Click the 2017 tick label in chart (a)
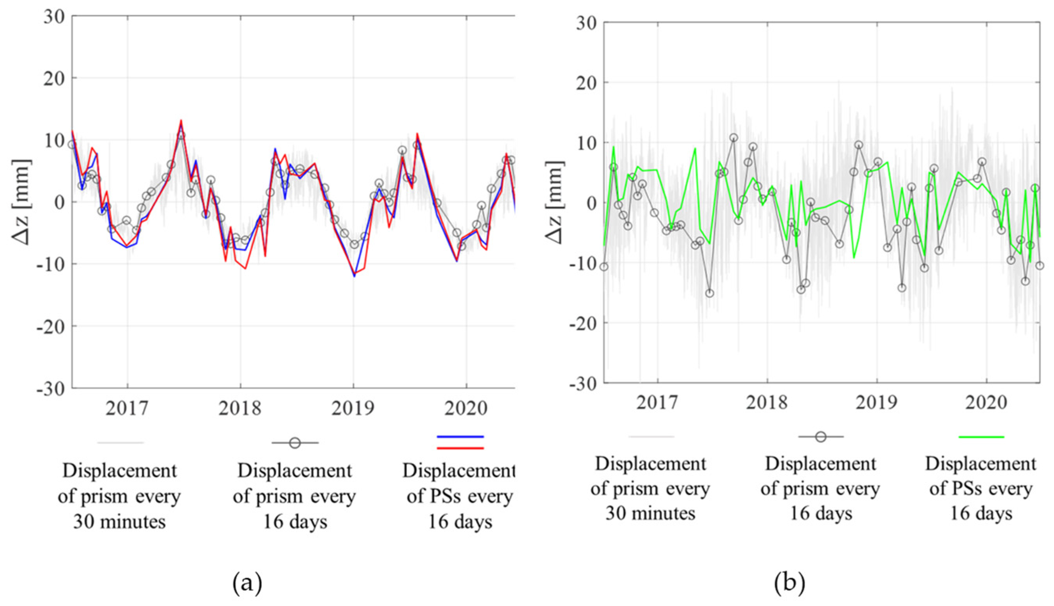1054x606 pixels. point(127,408)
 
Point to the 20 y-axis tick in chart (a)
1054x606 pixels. point(54,78)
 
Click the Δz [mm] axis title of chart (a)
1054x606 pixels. point(21,202)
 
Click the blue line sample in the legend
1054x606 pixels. point(460,437)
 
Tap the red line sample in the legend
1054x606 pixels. point(460,448)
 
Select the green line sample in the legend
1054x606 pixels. point(981,437)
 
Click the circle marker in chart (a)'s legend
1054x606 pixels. point(295,443)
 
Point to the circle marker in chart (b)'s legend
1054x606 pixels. point(820,437)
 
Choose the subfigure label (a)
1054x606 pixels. point(247,583)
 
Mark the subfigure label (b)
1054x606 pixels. point(790,583)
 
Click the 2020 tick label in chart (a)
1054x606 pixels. point(466,408)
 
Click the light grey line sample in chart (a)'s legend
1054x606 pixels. point(121,443)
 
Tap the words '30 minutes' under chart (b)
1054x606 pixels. point(650,514)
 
